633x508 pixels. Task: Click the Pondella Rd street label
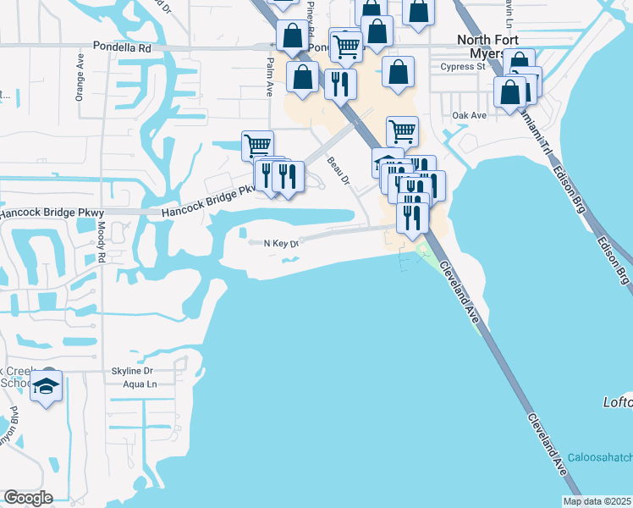(123, 48)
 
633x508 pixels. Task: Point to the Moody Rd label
(101, 241)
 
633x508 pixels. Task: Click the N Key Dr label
(282, 244)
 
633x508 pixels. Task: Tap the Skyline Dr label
(131, 371)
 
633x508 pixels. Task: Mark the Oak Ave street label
(470, 115)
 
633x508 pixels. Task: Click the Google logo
(28, 498)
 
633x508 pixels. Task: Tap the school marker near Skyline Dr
(47, 388)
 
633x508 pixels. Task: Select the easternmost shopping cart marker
(402, 130)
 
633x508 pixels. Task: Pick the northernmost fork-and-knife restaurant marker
(340, 84)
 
